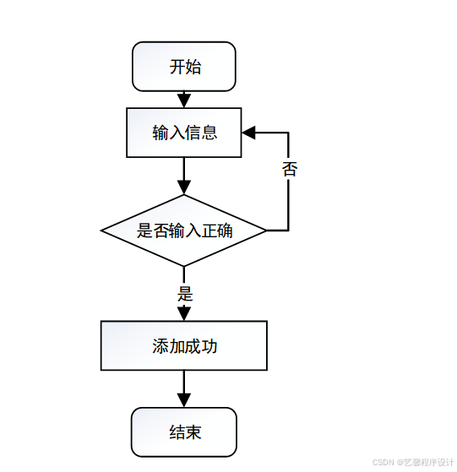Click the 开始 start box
(x=184, y=67)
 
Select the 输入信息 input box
(x=184, y=133)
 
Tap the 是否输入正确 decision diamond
(x=184, y=231)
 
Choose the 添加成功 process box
(x=184, y=345)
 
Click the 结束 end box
(x=184, y=433)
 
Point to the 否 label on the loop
(x=289, y=168)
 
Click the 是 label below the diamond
(x=185, y=294)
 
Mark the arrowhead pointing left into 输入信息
(x=248, y=133)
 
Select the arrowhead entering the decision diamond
(x=184, y=188)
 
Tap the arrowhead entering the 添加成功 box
(x=184, y=314)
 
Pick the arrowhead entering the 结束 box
(x=184, y=402)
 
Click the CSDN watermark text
(x=384, y=462)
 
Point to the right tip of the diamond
(x=266, y=231)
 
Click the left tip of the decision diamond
(x=102, y=231)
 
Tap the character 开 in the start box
(x=177, y=67)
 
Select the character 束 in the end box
(x=193, y=433)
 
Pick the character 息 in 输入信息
(x=209, y=133)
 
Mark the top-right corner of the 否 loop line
(x=289, y=133)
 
